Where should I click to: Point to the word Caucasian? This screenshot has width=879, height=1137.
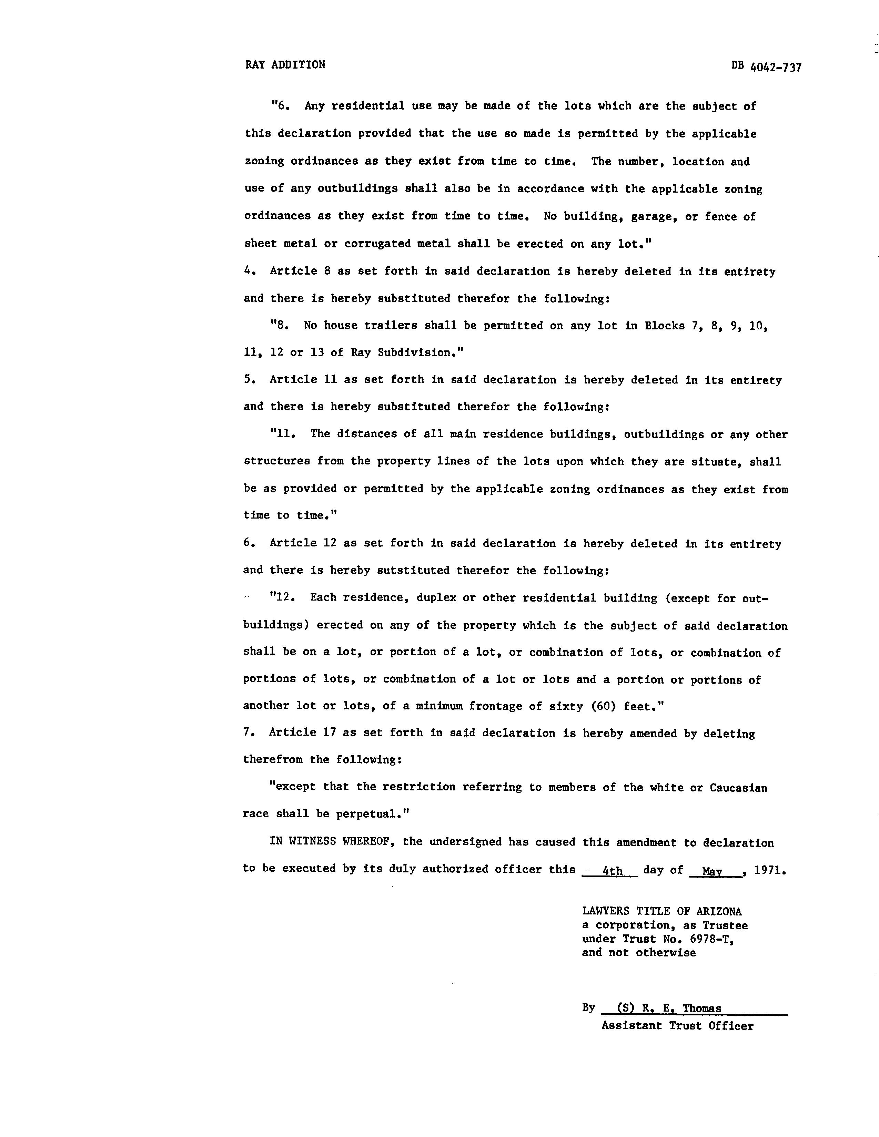point(738,788)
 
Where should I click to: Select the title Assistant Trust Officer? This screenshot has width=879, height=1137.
point(677,1026)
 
